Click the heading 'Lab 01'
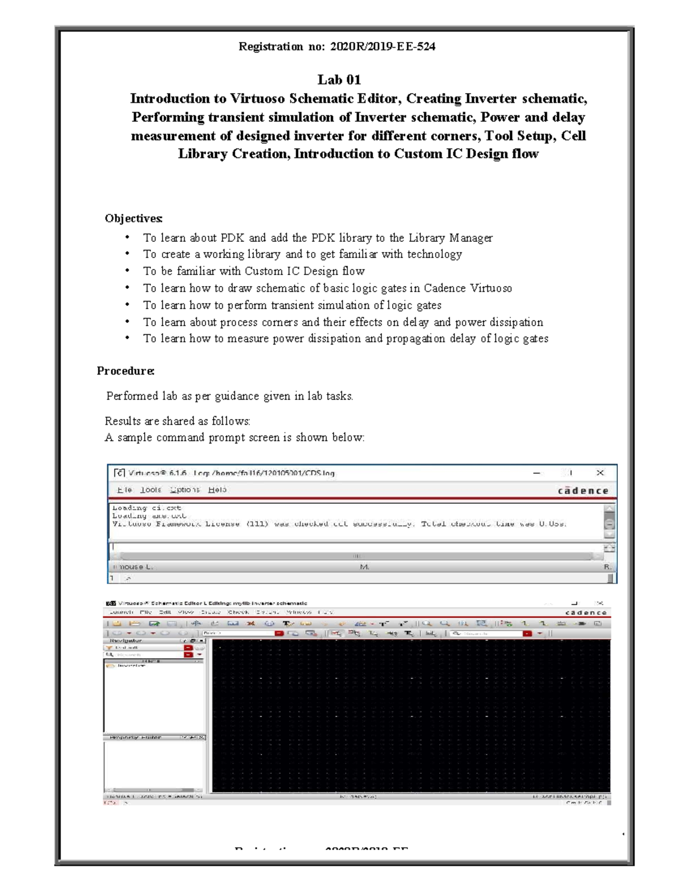point(339,80)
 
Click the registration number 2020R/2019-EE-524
point(382,47)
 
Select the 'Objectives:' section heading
point(134,218)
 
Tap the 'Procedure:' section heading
point(125,371)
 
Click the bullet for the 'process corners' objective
point(127,322)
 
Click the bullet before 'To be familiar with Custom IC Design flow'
point(127,271)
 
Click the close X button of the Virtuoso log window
point(600,473)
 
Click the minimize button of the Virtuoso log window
point(537,473)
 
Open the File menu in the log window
point(124,490)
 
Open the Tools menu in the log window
point(150,490)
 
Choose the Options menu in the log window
point(185,490)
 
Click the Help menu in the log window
point(218,490)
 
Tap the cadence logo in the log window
point(583,491)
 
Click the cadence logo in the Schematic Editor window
point(586,613)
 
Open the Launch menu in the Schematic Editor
point(121,612)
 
